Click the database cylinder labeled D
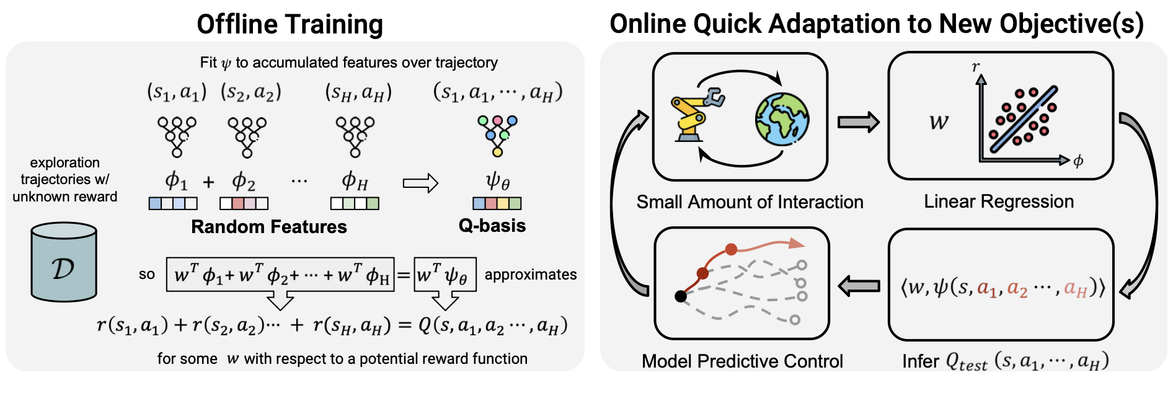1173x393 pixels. tap(64, 263)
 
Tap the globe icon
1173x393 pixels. tap(782, 119)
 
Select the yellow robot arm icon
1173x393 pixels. tap(696, 115)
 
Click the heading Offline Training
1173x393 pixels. tap(290, 25)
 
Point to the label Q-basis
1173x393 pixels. tap(492, 226)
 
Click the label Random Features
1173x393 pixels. tap(268, 227)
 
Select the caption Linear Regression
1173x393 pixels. tap(998, 201)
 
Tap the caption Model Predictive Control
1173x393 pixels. tap(742, 361)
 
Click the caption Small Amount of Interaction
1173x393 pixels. tap(750, 202)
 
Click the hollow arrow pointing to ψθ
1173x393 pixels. tap(420, 183)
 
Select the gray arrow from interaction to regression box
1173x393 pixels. tap(858, 122)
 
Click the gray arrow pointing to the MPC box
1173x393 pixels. tap(859, 286)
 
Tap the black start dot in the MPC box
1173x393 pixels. tap(681, 296)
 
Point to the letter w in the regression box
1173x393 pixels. tap(939, 121)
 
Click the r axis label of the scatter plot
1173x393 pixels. tap(976, 67)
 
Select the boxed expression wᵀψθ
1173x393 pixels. tap(445, 275)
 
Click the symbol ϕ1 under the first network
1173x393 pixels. tap(175, 181)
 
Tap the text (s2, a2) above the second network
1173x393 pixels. tap(251, 92)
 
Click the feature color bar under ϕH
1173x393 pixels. tap(355, 203)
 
